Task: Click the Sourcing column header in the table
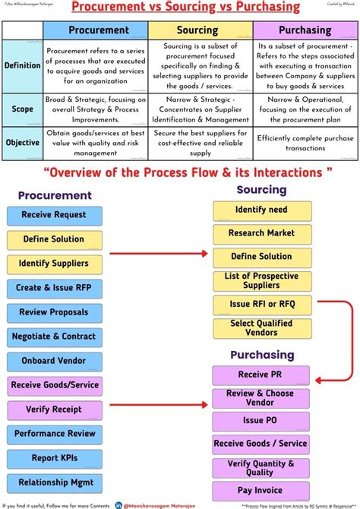197,30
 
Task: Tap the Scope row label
23,109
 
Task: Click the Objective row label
23,142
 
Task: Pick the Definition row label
23,65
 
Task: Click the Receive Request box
54,216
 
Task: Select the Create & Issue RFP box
54,288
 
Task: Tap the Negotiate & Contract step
54,336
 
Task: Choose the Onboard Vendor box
54,360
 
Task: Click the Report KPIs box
54,458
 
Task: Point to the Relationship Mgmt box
54,482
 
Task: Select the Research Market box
261,233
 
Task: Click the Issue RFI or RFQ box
261,304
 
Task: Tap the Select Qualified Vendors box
261,328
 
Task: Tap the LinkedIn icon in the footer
119,504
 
